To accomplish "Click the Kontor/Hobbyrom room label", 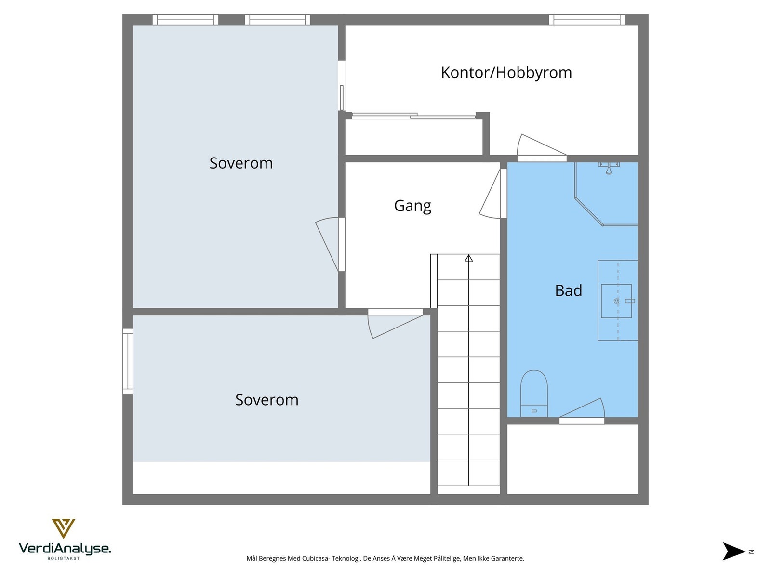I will tap(506, 73).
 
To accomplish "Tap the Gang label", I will tap(412, 206).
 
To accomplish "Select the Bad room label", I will tap(568, 290).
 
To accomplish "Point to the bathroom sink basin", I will tap(616, 301).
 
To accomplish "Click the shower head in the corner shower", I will tap(609, 169).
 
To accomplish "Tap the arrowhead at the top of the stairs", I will tap(468, 259).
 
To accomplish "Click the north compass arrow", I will tap(733, 552).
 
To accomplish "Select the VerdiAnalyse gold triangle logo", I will tap(63, 528).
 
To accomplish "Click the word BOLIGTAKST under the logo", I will tap(63, 559).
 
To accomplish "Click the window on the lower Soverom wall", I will tap(128, 361).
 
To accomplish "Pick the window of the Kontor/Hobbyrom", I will tap(586, 20).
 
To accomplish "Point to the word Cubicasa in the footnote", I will tap(315, 559).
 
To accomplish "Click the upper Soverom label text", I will tap(241, 163).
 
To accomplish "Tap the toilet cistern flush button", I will tap(534, 411).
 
